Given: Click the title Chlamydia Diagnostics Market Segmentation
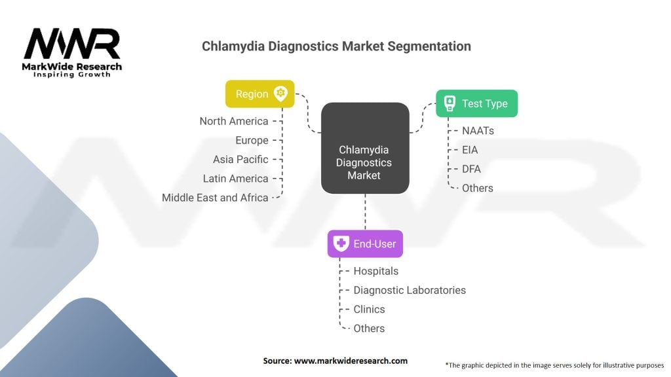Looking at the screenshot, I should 336,46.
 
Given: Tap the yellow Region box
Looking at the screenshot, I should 259,94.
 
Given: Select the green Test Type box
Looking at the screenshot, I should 476,103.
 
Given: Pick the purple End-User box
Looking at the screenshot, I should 365,244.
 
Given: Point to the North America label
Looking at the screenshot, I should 234,121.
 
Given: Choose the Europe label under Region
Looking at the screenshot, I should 252,140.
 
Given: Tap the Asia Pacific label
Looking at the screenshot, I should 240,159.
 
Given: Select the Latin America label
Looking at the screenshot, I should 235,178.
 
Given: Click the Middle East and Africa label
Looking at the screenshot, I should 215,197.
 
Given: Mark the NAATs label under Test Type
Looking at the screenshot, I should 478,131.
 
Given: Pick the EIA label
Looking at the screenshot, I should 470,150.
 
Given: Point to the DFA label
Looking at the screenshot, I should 471,169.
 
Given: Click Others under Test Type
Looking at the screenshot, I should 477,188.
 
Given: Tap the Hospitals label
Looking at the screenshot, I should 375,271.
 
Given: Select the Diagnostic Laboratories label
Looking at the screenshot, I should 410,290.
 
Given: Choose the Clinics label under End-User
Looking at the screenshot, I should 369,309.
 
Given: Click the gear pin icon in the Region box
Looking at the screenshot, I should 281,94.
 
